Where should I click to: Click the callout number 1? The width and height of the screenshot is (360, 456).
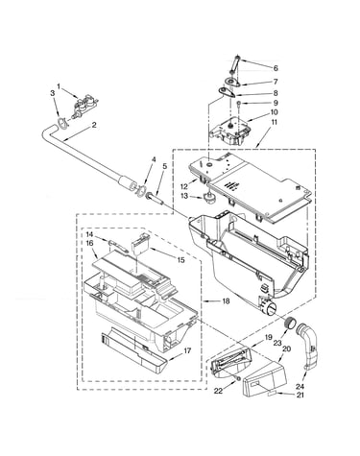[x=59, y=85]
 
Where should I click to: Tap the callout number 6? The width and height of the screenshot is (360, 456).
[x=276, y=68]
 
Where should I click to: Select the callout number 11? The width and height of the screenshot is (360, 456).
[x=274, y=122]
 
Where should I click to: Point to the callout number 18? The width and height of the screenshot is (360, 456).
[x=226, y=301]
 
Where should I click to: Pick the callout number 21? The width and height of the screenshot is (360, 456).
[x=300, y=396]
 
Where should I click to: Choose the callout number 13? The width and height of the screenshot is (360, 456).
[x=184, y=196]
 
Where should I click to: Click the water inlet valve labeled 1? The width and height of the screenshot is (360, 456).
[x=84, y=107]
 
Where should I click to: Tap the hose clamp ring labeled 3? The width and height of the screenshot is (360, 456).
[x=63, y=124]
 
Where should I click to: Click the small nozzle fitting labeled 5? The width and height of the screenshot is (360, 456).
[x=156, y=198]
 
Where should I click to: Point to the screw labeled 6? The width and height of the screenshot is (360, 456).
[x=235, y=64]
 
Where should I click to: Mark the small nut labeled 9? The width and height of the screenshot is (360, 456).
[x=238, y=103]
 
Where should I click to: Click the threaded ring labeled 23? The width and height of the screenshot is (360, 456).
[x=290, y=324]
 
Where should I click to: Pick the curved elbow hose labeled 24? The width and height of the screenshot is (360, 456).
[x=308, y=347]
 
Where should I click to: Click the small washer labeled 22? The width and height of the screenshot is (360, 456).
[x=237, y=379]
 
